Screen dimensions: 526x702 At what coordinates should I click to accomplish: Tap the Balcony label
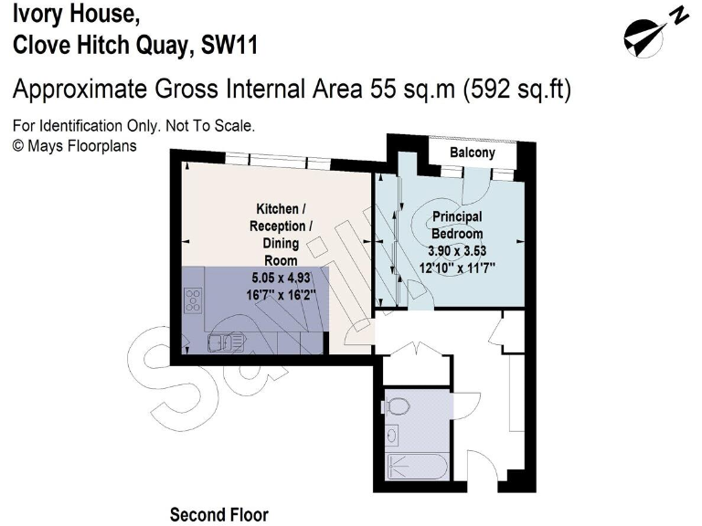coord(472,153)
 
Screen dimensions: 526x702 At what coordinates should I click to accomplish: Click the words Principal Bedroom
coord(457,226)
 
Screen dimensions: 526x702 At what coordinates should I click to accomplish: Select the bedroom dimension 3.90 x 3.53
coord(458,250)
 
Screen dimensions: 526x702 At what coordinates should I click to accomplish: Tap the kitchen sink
coord(224,342)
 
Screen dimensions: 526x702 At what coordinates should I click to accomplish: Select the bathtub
coord(416,468)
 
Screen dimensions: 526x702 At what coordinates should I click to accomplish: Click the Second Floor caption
coord(219,514)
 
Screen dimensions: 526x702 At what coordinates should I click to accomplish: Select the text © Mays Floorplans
coord(73,144)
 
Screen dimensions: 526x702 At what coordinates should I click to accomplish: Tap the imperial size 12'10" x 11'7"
coord(458,267)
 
